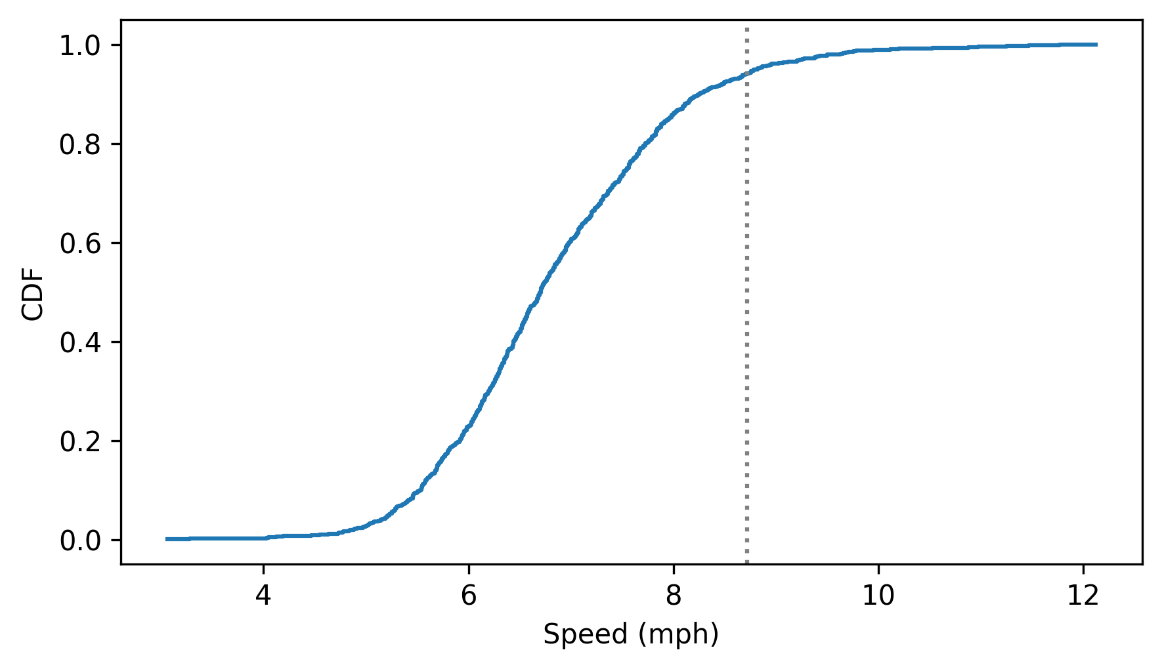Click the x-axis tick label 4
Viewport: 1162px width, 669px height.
point(263,596)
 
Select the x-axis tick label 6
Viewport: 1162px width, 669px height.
point(468,596)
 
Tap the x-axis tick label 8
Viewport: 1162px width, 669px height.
point(674,596)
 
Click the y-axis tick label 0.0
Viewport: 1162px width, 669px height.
point(81,540)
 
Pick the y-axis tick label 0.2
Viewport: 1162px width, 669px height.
point(81,441)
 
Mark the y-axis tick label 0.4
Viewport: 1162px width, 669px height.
point(81,342)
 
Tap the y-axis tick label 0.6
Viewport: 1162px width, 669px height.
point(81,243)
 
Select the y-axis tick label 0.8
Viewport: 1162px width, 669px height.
point(81,144)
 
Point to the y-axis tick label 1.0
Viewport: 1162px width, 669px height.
point(81,45)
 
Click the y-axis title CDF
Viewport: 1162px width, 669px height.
point(33,293)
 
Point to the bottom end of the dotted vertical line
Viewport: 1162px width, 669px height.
point(746,562)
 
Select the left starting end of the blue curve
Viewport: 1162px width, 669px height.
point(167,539)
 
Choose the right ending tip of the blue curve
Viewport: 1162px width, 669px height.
point(1096,45)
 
